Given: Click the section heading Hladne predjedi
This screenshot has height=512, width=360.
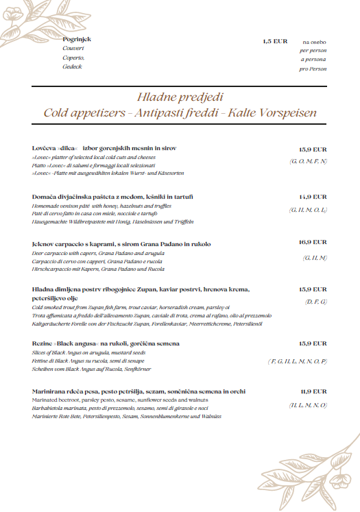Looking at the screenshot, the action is coord(180,97).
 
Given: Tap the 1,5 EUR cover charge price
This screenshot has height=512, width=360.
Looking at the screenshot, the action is coord(275,41).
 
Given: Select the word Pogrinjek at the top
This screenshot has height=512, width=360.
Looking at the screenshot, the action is coord(77,40).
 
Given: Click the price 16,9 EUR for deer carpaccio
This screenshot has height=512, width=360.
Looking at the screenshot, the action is coord(313,243).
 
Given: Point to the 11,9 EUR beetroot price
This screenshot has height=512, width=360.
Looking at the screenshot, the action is coord(313,391).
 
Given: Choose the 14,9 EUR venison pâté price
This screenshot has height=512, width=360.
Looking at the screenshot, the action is coord(313,196).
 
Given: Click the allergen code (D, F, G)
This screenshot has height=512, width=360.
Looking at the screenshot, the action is coord(316,302).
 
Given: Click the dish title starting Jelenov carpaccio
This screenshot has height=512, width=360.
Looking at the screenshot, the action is coord(121,244).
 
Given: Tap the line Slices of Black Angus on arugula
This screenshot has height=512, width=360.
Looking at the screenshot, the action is coord(89,352).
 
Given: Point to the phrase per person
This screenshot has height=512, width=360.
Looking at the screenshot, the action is coord(313,51).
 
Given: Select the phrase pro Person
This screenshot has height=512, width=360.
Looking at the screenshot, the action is coord(313,69).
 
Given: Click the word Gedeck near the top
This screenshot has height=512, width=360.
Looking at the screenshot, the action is coord(72,66).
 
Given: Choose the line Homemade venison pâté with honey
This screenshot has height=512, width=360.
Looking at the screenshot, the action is coord(101,206).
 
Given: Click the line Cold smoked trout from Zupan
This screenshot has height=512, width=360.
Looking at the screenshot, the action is coord(130,308).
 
